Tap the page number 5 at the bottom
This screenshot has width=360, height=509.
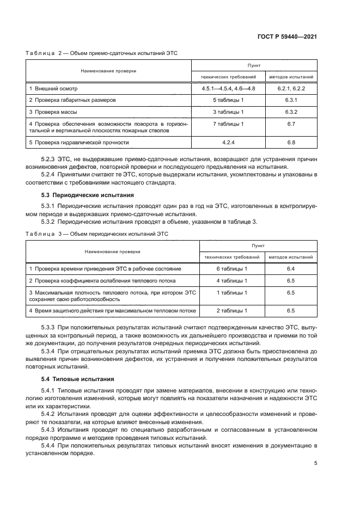[316, 463]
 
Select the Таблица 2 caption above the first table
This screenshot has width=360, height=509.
[102, 53]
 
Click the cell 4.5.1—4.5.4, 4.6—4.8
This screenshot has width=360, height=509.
[227, 88]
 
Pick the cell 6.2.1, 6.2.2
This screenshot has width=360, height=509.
[291, 88]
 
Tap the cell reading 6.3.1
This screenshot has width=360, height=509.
[291, 100]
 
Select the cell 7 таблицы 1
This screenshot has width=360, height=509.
[227, 124]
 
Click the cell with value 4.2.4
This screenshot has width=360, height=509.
[227, 143]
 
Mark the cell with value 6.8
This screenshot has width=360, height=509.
[291, 143]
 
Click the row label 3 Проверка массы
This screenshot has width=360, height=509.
[53, 112]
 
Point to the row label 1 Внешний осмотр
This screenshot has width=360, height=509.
[54, 88]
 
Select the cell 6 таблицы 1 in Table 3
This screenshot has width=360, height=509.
[232, 269]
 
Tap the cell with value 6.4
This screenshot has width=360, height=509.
[291, 269]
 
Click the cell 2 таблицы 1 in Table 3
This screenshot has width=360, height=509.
[232, 311]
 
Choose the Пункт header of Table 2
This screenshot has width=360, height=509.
[254, 64]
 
